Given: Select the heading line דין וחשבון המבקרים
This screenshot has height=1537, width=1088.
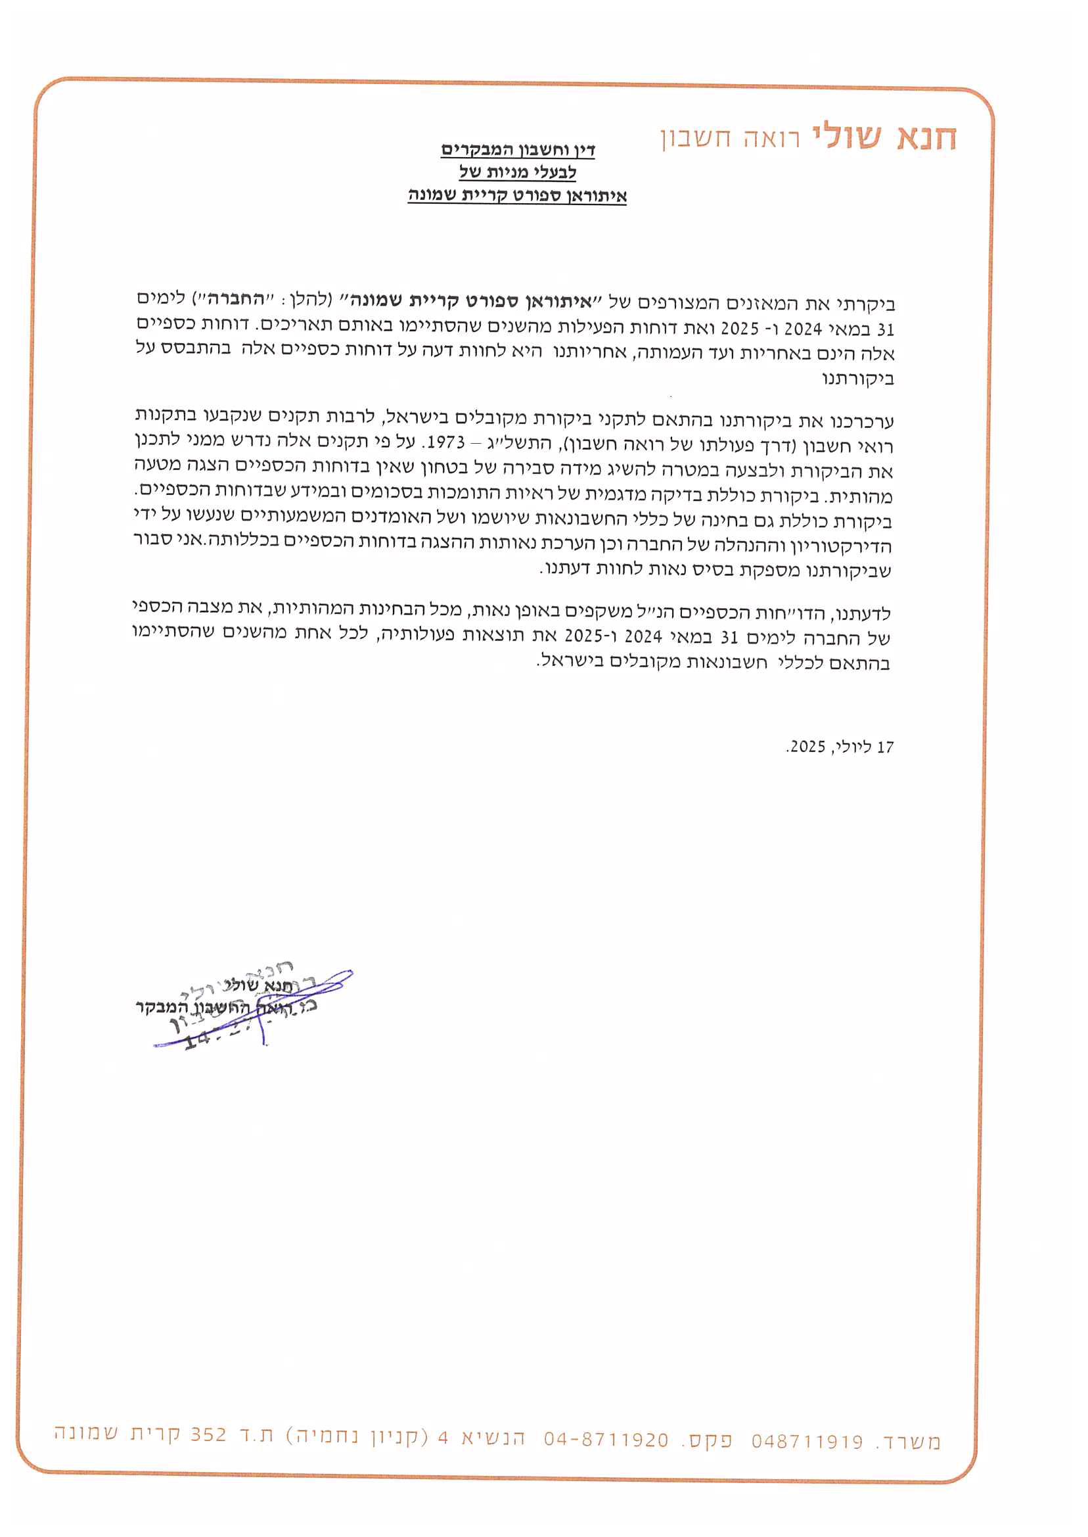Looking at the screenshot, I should (x=518, y=149).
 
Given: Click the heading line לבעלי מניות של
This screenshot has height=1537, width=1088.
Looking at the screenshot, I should (x=518, y=172).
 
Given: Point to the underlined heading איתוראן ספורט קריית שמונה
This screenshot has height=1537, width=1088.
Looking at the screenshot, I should (x=517, y=196).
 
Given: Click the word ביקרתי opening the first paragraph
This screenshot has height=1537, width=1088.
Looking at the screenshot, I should (x=869, y=304).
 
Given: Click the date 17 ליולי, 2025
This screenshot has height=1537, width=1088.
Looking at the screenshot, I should (x=840, y=747).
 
